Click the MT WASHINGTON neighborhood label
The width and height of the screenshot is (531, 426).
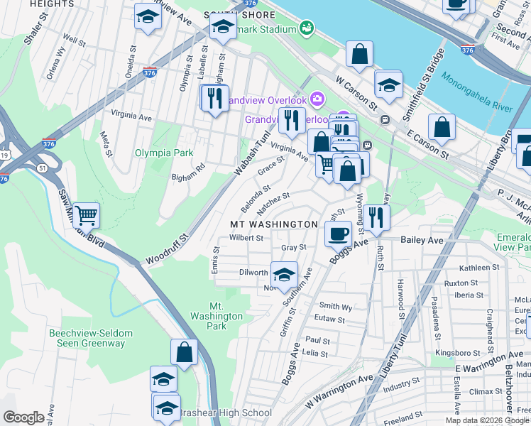[273, 224]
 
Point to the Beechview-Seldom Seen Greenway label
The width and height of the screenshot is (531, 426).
[87, 338]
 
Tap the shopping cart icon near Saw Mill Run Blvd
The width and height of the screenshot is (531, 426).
[86, 214]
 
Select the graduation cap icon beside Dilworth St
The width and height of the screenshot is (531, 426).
[284, 274]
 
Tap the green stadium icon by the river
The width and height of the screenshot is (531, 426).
[307, 28]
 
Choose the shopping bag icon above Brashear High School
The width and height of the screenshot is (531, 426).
[184, 351]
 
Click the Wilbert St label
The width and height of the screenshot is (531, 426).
[246, 239]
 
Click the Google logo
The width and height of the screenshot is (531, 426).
[24, 417]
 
